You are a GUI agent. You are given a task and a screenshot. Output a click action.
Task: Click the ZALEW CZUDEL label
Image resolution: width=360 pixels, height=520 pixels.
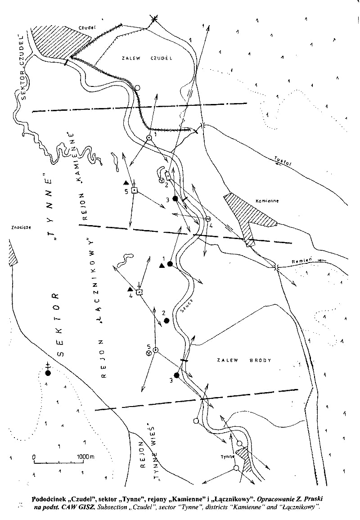tap(142, 58)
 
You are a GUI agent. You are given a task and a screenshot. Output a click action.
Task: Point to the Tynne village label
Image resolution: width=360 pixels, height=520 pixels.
tap(228, 457)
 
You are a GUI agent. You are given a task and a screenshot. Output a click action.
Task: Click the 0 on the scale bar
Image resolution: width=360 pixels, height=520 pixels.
tap(34, 457)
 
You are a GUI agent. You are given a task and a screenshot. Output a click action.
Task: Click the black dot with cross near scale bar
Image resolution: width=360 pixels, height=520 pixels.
tap(48, 372)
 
